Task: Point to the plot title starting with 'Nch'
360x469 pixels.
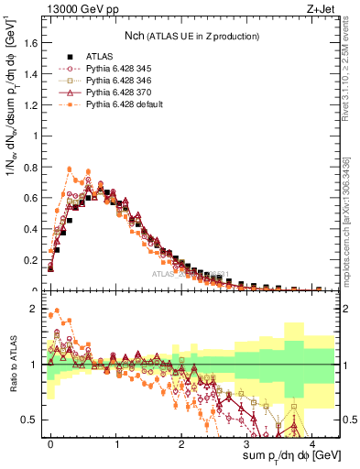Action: pyautogui.click(x=191, y=36)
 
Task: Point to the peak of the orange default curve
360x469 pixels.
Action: pyautogui.click(x=69, y=169)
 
